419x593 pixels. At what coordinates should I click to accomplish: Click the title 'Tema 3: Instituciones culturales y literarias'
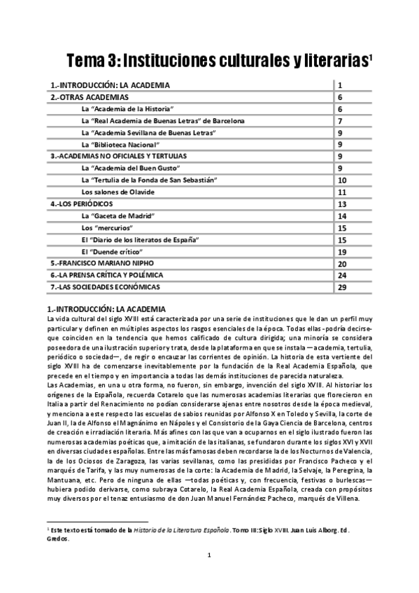pyautogui.click(x=218, y=62)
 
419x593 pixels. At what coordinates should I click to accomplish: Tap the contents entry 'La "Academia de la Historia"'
pyautogui.click(x=127, y=109)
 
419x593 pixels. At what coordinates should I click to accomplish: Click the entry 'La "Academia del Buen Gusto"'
pyautogui.click(x=131, y=169)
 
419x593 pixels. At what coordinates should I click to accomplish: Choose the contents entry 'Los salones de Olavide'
pyautogui.click(x=117, y=192)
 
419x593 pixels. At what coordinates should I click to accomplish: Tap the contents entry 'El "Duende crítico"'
pyautogui.click(x=112, y=252)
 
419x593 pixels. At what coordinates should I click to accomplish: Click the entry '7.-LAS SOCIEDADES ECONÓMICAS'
pyautogui.click(x=105, y=287)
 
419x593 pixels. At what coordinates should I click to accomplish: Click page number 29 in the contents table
pyautogui.click(x=342, y=287)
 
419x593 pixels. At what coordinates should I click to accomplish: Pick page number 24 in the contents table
pyautogui.click(x=342, y=276)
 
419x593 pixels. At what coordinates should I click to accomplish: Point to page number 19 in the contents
pyautogui.click(x=342, y=252)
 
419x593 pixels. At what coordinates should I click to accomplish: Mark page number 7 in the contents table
pyautogui.click(x=339, y=121)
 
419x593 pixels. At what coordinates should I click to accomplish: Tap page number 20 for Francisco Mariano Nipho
pyautogui.click(x=342, y=264)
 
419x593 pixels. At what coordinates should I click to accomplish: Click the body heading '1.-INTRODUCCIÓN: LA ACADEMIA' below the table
pyautogui.click(x=106, y=308)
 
